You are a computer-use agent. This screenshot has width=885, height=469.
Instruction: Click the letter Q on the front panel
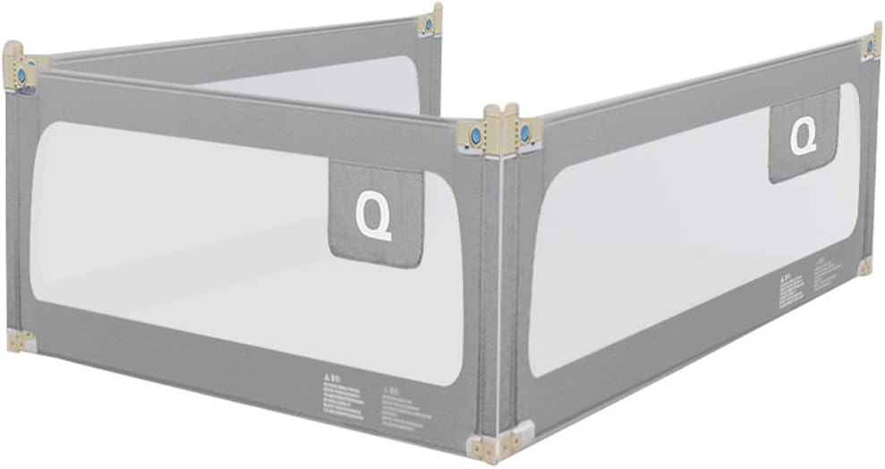373,217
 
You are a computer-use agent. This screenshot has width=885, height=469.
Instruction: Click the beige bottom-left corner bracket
20,340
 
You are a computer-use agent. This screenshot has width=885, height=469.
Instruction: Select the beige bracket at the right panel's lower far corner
864,266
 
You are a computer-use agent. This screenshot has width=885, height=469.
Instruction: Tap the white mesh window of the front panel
179,251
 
